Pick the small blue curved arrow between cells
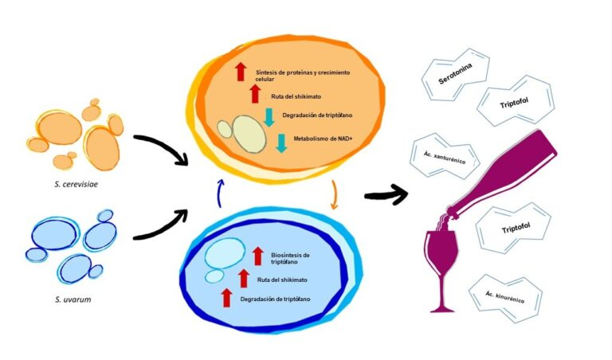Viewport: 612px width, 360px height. tap(220, 190)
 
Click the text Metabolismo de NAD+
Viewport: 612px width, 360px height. tap(324, 137)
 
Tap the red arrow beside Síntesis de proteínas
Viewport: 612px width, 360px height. tap(240, 72)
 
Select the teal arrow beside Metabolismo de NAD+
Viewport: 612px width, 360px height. tap(281, 143)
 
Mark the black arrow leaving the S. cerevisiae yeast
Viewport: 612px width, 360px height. tap(162, 151)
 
